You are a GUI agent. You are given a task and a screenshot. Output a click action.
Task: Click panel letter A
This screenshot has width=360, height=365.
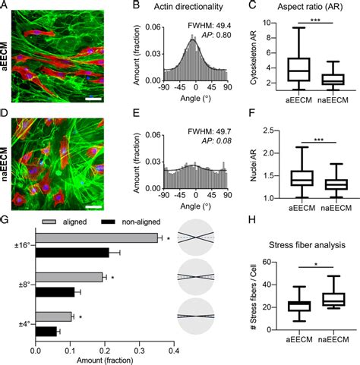[5, 7]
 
